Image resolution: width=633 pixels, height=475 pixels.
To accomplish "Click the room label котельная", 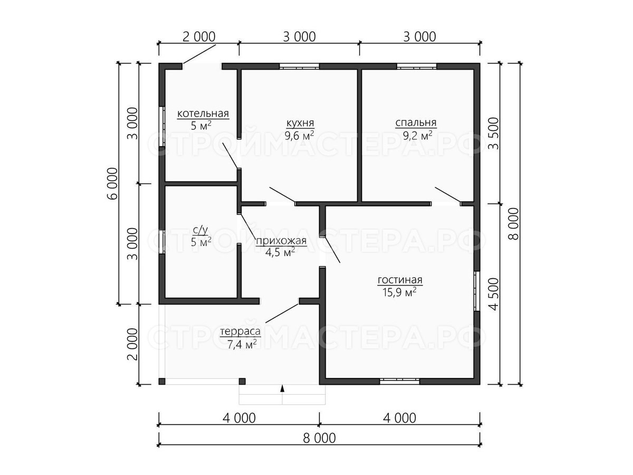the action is [x=203, y=113].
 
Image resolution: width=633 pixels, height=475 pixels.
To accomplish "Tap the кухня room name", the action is [x=300, y=123].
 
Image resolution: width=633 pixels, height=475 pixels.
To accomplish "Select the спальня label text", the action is [x=416, y=123].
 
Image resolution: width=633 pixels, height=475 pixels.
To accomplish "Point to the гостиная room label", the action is [x=400, y=280].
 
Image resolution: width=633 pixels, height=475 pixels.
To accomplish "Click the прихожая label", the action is [x=281, y=241].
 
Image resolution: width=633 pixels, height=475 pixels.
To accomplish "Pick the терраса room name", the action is [x=240, y=331].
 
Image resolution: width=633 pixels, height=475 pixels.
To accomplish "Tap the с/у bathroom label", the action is [x=200, y=230].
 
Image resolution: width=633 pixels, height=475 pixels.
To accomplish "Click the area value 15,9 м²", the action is [x=399, y=292].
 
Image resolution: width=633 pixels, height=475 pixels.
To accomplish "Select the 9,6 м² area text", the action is [x=299, y=136].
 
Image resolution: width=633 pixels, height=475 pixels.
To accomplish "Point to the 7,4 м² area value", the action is [x=242, y=344].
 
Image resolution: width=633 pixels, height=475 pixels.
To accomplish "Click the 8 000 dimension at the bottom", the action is [x=319, y=439].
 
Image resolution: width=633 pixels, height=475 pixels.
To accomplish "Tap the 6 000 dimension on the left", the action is [x=113, y=184].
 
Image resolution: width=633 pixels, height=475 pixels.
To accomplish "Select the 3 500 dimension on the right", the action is [x=494, y=133].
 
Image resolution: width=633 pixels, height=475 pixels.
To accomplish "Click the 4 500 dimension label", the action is [x=494, y=294].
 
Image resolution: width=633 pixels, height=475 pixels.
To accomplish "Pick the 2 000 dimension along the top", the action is [x=199, y=37].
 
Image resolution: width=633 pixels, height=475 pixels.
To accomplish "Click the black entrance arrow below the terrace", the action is [x=282, y=388].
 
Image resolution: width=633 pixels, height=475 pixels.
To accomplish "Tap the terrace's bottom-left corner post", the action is [x=162, y=381].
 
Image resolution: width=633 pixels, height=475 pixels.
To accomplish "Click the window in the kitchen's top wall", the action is [x=299, y=66].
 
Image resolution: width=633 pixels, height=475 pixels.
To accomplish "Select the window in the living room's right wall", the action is [x=477, y=291].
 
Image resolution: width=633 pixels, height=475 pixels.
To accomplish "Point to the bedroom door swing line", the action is [x=447, y=195].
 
